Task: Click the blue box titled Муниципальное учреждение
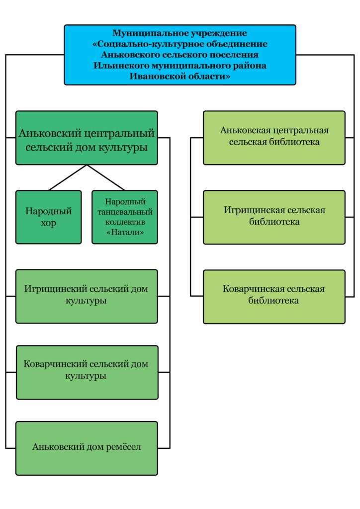pyautogui.click(x=180, y=55)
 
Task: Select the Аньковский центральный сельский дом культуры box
pyautogui.click(x=87, y=138)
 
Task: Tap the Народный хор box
pyautogui.click(x=48, y=217)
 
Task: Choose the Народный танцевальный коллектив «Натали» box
pyautogui.click(x=125, y=217)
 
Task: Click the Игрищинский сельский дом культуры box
pyautogui.click(x=87, y=296)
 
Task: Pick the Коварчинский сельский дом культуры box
pyautogui.click(x=87, y=372)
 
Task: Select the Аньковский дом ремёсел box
pyautogui.click(x=87, y=448)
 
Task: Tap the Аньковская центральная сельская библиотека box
pyautogui.click(x=274, y=138)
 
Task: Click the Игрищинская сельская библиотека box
pyautogui.click(x=274, y=217)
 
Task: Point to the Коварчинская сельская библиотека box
pyautogui.click(x=274, y=297)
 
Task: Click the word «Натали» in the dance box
pyautogui.click(x=125, y=233)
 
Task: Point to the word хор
pyautogui.click(x=48, y=223)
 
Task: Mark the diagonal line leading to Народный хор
pyautogui.click(x=68, y=177)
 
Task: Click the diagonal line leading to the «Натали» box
pyautogui.click(x=106, y=177)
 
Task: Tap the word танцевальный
pyautogui.click(x=125, y=212)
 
